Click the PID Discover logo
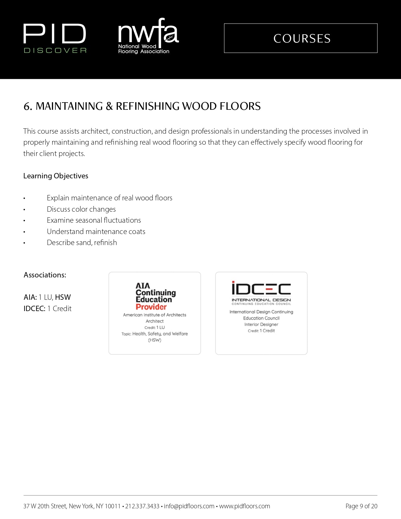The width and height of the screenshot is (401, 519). tap(55, 38)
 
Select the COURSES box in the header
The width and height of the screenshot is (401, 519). tap(301, 38)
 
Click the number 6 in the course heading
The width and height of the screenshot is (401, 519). tap(27, 107)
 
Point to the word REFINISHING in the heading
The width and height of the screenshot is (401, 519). tap(148, 106)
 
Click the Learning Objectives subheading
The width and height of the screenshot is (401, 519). tap(56, 176)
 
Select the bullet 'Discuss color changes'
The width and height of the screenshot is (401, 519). tap(81, 209)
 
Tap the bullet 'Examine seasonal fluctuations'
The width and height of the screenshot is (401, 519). tap(94, 220)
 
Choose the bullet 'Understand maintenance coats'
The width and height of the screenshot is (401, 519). tap(96, 232)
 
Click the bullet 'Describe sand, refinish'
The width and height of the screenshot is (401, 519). tap(82, 243)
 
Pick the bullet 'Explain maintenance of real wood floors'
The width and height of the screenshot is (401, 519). tap(109, 198)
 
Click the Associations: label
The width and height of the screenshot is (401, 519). tap(45, 275)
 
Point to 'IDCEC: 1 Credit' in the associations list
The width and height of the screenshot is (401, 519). tap(47, 309)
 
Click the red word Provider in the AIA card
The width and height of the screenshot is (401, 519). tap(151, 307)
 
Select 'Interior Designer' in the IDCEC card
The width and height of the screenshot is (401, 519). tap(261, 324)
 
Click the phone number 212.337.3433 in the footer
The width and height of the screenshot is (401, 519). tap(142, 506)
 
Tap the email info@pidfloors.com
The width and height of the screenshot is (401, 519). tap(189, 506)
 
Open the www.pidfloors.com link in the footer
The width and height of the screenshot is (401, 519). tap(244, 506)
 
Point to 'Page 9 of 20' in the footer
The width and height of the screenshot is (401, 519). tap(361, 506)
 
